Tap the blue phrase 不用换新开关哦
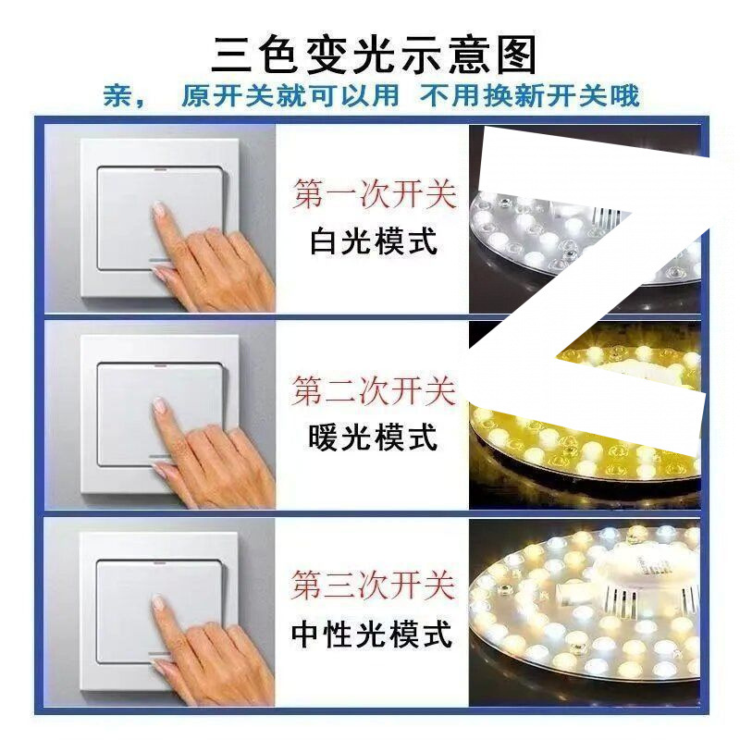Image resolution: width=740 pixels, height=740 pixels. click(x=530, y=95)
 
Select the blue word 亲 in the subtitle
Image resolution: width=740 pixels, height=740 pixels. click(x=117, y=95)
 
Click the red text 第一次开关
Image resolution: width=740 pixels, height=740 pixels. click(x=374, y=195)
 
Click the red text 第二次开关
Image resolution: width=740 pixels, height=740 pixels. click(x=374, y=390)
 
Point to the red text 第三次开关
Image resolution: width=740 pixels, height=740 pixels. click(x=374, y=585)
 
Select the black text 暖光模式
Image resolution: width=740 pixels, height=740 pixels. click(x=374, y=437)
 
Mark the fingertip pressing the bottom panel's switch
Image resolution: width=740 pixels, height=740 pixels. click(x=158, y=602)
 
